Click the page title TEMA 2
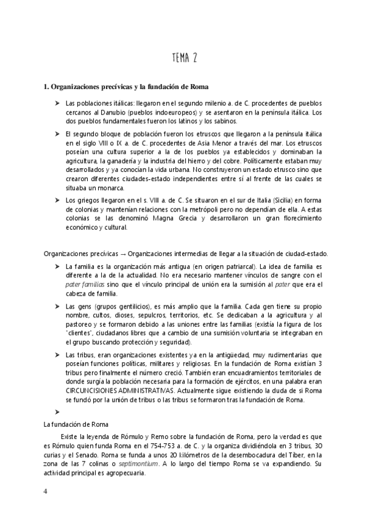pyautogui.click(x=182, y=58)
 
